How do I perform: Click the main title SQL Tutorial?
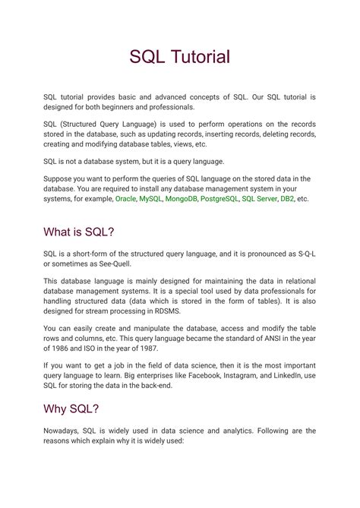pos(179,56)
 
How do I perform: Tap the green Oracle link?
pos(126,199)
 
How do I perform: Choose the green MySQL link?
pos(150,199)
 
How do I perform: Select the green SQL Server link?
pos(259,199)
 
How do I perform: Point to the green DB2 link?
pos(287,199)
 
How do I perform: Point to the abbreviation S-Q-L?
pos(302,253)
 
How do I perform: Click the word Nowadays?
pos(64,431)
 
